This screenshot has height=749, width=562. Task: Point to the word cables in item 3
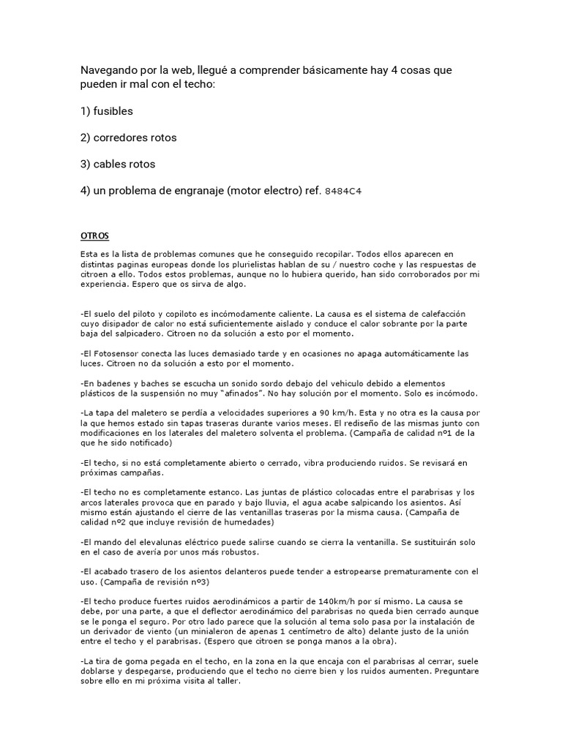pos(113,163)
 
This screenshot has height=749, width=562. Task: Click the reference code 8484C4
pos(343,191)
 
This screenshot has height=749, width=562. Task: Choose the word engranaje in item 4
pos(192,189)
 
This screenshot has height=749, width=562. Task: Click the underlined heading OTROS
pos(94,236)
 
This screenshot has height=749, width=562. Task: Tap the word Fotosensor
pos(116,353)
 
